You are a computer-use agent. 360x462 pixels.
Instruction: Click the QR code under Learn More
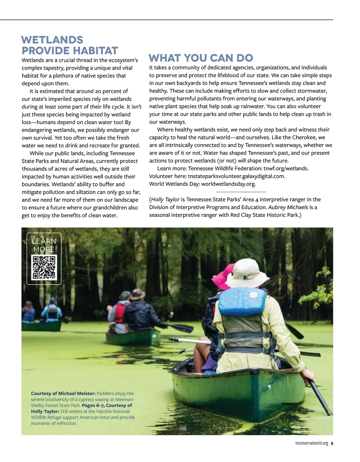pos(44,267)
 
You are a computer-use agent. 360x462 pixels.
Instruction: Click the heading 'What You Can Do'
pos(201,58)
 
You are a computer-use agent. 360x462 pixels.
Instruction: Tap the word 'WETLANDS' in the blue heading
pos(52,40)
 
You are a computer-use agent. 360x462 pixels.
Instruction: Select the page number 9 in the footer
pos(332,444)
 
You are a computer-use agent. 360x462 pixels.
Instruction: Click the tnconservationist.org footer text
pos(312,444)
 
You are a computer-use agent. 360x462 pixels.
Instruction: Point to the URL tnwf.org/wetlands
pos(286,169)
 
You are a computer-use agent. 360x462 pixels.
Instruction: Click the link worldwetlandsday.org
pos(228,184)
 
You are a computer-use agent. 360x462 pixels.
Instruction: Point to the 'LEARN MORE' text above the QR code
pos(44,245)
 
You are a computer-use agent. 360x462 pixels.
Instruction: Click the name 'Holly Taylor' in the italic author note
pos(165,199)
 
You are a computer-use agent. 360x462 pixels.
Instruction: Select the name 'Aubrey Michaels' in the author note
pos(288,207)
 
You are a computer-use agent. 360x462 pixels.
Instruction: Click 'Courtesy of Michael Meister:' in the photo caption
pos(63,394)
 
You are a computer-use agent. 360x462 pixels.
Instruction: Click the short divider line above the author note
pos(241,192)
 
